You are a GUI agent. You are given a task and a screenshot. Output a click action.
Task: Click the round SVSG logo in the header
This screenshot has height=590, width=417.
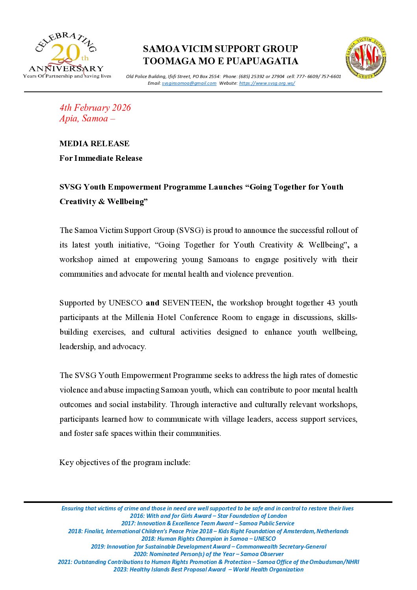[x=365, y=58]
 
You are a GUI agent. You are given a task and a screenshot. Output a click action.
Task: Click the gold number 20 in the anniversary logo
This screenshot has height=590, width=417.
[x=65, y=53]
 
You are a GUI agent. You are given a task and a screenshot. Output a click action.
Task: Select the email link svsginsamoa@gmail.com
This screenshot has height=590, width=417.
[x=189, y=83]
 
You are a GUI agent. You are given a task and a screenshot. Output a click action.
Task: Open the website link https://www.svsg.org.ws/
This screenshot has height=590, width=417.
[x=267, y=83]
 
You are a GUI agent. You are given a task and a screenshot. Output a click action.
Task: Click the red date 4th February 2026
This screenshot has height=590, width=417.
[x=95, y=108]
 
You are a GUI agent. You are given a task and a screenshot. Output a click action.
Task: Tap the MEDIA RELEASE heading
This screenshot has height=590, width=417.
[x=94, y=143]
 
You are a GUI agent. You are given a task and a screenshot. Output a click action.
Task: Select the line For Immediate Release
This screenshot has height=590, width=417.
[x=101, y=158]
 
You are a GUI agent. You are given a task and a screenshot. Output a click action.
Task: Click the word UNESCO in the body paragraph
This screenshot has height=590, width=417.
[x=125, y=303]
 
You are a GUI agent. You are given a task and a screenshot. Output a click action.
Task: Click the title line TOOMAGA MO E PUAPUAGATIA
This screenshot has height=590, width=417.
[x=220, y=61]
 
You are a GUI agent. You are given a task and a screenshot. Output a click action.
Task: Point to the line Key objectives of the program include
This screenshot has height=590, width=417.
[x=125, y=462]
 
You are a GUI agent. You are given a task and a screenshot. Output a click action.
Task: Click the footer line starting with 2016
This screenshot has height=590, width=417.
[x=208, y=516]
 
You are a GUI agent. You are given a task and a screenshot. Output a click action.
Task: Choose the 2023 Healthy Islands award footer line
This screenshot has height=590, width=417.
[x=208, y=570]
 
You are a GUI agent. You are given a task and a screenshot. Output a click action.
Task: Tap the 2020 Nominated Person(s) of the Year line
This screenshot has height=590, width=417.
[x=208, y=554]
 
